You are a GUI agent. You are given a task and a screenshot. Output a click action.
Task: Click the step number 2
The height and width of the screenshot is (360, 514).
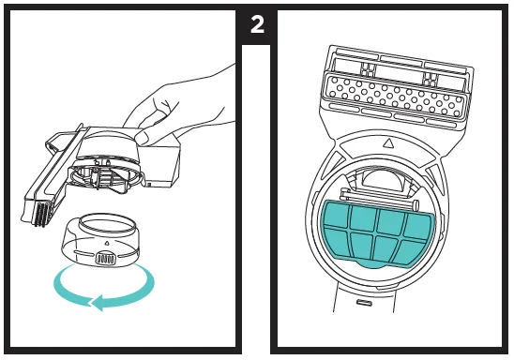(x=257, y=24)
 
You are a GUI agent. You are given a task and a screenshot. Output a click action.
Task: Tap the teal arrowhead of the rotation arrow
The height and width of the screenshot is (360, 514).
(x=98, y=303)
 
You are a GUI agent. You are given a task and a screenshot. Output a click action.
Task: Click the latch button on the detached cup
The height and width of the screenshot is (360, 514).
(x=105, y=258)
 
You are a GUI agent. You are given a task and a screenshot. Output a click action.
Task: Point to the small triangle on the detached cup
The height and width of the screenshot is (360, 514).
(x=106, y=244)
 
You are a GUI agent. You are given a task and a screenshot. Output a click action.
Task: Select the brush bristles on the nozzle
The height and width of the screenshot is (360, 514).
(x=43, y=214)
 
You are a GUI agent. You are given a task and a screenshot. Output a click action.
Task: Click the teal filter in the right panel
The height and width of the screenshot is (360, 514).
(x=378, y=234)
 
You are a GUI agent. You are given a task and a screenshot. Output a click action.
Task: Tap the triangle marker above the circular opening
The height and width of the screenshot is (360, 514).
(x=387, y=142)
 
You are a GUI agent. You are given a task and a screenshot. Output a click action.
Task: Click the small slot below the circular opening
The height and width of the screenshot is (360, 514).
(x=362, y=303)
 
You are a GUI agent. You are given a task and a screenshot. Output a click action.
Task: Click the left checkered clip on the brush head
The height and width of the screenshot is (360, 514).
(x=368, y=69)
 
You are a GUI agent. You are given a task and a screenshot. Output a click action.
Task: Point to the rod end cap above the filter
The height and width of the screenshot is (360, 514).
(x=416, y=205)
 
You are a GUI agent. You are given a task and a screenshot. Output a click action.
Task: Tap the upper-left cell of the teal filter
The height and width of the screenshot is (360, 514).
(x=337, y=215)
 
